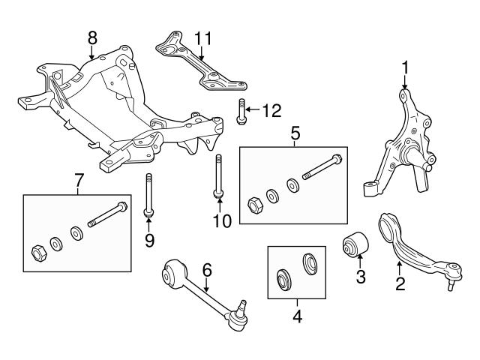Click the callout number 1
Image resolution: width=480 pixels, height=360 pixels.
[405, 69]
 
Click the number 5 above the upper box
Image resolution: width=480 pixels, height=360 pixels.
[295, 134]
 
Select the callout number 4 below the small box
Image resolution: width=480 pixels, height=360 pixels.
[297, 316]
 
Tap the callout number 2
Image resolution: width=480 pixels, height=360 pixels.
[400, 283]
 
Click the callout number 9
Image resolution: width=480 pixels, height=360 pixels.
[148, 240]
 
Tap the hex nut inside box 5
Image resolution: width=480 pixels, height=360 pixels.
[253, 202]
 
